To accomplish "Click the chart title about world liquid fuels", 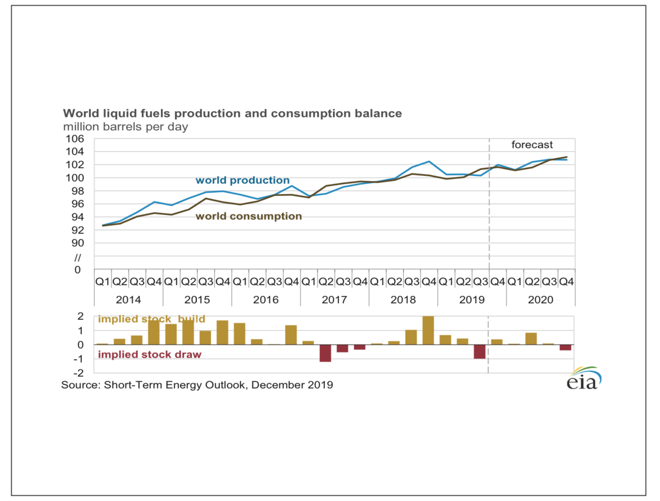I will [x=232, y=113].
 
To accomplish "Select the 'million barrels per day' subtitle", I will [x=125, y=127].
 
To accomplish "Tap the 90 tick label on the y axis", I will [x=78, y=243].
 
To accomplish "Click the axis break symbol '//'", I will [x=77, y=258].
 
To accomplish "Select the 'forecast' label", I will [x=532, y=145].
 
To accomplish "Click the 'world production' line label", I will [x=242, y=180].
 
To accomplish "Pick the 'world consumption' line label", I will [x=249, y=216].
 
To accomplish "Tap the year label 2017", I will [x=334, y=300].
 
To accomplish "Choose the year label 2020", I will [x=540, y=300].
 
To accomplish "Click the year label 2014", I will [x=128, y=300].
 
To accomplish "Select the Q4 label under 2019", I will [x=498, y=282].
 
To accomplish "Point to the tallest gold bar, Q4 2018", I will [x=428, y=330].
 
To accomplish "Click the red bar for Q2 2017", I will [x=325, y=353].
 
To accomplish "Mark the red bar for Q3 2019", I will [x=479, y=352].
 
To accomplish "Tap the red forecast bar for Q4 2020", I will [x=565, y=348].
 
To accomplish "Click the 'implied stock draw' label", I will [x=149, y=354].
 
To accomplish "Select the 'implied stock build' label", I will [x=151, y=319].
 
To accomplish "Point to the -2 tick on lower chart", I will [x=80, y=373].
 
